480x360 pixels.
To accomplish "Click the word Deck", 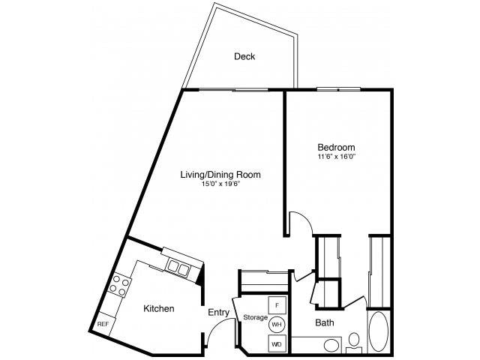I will [244, 56].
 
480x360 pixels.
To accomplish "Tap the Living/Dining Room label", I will [220, 175].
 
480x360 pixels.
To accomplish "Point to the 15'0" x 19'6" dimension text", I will [220, 184].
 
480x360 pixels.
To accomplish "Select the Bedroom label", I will [337, 148].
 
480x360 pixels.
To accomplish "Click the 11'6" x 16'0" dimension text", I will [337, 157].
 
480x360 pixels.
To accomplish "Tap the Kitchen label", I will [158, 308].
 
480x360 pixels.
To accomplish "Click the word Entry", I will [219, 312].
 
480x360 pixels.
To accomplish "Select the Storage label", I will [255, 318].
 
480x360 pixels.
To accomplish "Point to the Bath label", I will [325, 324].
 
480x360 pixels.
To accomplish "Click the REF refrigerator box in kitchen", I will [103, 323].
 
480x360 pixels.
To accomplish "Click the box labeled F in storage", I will [277, 305].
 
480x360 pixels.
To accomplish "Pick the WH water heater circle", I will [277, 324].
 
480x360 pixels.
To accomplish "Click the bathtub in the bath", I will [378, 331].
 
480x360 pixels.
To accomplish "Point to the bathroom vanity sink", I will [328, 346].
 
